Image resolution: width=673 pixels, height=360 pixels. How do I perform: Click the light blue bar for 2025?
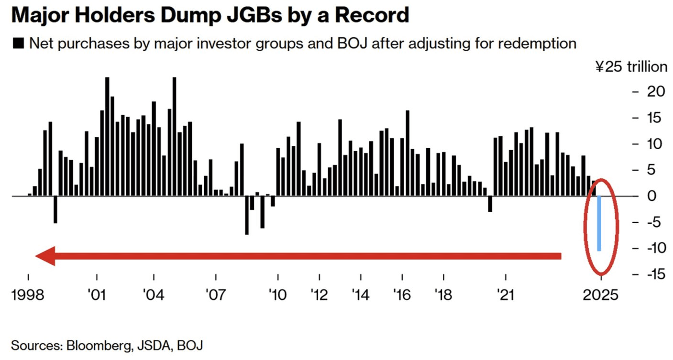(599, 223)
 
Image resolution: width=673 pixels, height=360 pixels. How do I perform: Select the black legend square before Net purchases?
(19, 44)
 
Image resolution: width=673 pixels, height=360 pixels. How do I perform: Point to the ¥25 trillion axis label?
(631, 66)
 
